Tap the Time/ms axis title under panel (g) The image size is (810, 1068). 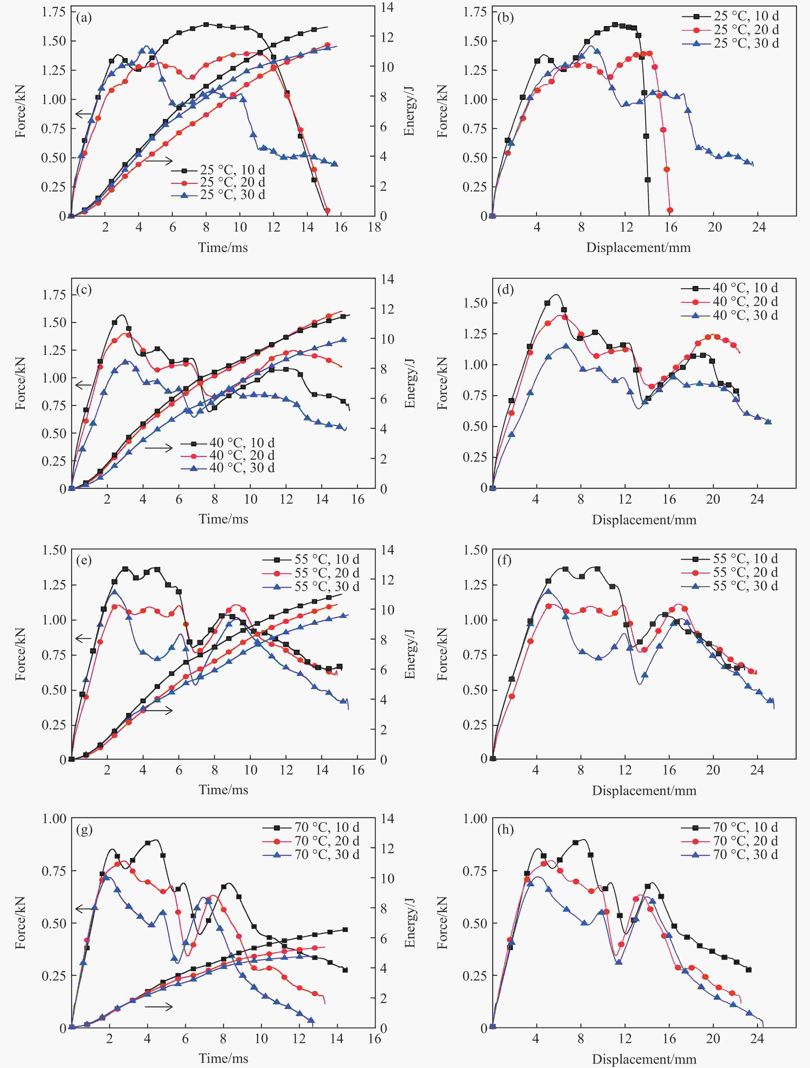tap(223, 1058)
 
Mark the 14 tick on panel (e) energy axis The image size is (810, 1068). tap(387, 550)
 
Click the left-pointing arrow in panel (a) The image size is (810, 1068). tap(83, 114)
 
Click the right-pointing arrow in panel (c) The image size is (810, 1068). tap(159, 448)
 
